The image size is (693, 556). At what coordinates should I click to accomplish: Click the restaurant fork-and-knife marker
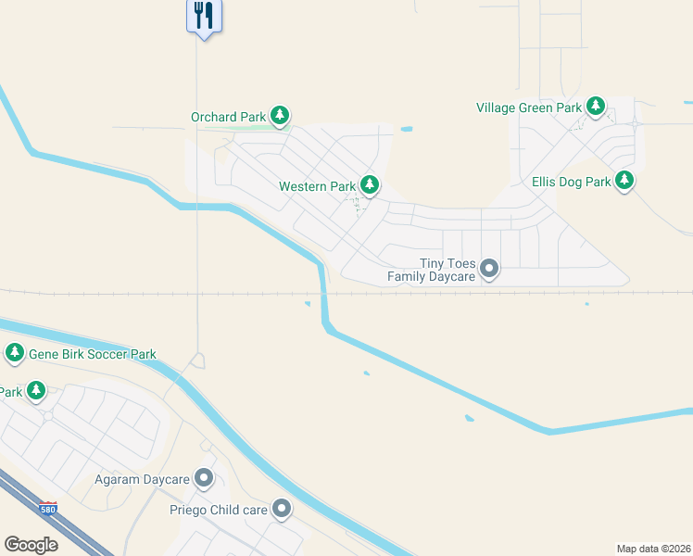pos(205,16)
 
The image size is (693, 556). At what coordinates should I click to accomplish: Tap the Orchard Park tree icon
pos(280,117)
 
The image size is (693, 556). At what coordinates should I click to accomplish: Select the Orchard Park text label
pos(228,118)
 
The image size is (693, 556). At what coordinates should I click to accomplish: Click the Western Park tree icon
pos(370,185)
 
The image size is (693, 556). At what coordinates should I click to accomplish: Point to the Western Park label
pos(316,186)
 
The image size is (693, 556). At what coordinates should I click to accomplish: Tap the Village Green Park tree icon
pos(596,107)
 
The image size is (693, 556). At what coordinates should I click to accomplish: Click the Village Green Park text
pos(529,107)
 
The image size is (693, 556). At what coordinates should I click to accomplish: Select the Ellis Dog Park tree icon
pos(625,181)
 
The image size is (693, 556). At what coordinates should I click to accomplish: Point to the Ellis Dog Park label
pos(571,182)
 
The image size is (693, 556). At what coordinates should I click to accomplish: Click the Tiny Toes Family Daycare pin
pos(490,270)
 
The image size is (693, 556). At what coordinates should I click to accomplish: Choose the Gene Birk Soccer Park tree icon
pos(15,353)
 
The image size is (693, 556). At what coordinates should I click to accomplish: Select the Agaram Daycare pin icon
pos(204,479)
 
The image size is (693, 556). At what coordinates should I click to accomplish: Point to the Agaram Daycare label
pos(142,480)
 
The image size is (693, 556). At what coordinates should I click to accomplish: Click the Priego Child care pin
pos(282,509)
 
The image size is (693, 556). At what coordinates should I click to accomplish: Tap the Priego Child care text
pos(218,510)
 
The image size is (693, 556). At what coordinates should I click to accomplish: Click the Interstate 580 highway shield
pos(47,510)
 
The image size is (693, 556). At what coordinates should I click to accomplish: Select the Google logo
pos(31,545)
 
